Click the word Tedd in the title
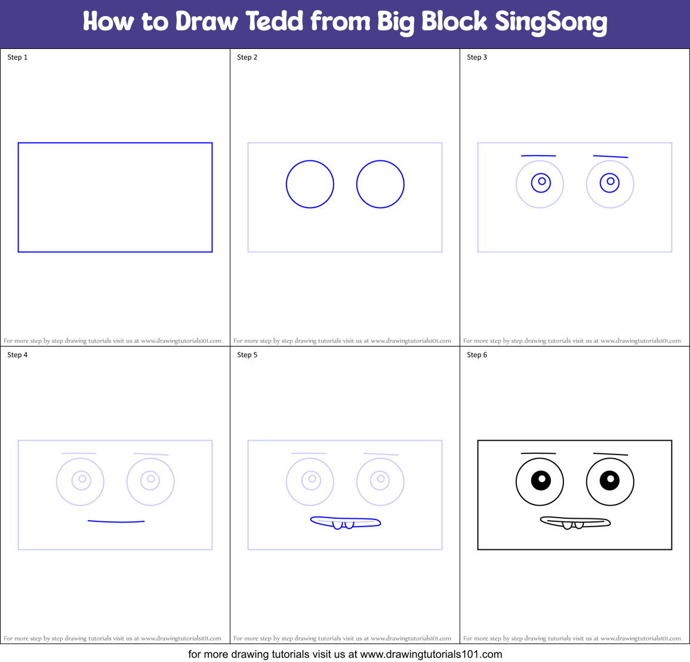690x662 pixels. (275, 21)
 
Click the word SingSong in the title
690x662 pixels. (550, 23)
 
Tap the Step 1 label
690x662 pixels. (17, 57)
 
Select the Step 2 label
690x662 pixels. (247, 57)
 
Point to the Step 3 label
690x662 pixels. (477, 57)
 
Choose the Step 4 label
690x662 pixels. (17, 355)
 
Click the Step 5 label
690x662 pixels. (247, 355)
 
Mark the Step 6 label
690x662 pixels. (477, 355)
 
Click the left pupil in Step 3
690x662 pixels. (541, 181)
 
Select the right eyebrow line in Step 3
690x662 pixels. (610, 157)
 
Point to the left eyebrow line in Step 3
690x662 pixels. (538, 156)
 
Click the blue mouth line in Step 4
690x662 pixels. (116, 522)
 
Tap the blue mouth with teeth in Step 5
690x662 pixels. (345, 522)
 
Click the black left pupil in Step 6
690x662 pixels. (541, 480)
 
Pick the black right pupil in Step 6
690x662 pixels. (609, 480)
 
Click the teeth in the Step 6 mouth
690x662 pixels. (572, 525)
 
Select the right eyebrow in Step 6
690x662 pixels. (610, 454)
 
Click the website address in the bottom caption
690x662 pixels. (431, 654)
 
